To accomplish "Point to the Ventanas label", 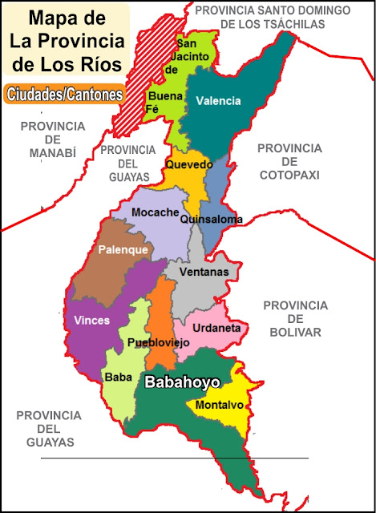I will coord(204,273).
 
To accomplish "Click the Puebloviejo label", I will coord(158,342).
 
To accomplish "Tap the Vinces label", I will coord(91,320).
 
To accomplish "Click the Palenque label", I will coord(123,250).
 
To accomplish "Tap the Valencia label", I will coord(218,101).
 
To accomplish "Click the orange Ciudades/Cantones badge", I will coord(63,94).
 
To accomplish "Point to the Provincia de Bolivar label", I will coord(295,318).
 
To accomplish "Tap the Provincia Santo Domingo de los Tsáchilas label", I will coord(273,17).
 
